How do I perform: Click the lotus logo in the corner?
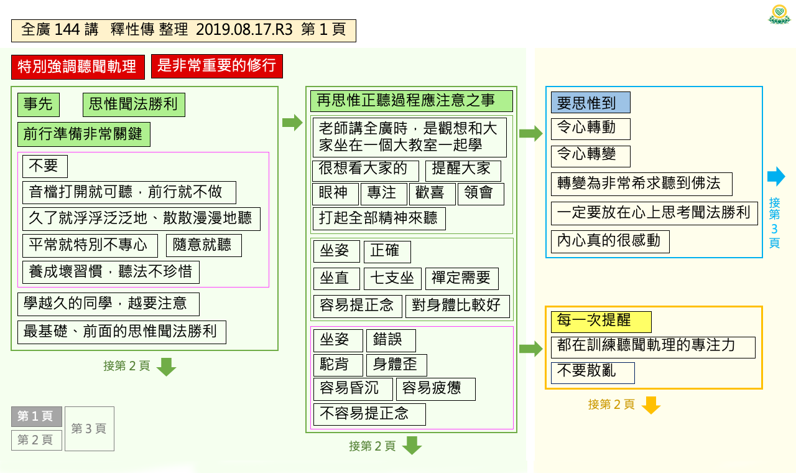779,14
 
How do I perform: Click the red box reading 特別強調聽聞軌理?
78,67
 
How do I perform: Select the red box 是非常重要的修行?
217,66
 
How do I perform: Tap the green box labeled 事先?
39,105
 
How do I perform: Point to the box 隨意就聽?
203,245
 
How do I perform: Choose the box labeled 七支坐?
392,279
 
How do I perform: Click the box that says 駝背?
338,365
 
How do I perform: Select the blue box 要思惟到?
591,103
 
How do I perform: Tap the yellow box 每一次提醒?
601,322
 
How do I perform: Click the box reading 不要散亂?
593,373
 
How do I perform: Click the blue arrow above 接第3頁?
776,176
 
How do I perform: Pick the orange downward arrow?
651,405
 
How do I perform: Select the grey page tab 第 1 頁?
37,416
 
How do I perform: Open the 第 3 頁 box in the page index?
90,429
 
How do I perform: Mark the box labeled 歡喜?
432,194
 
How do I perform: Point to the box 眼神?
335,194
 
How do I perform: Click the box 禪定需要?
461,279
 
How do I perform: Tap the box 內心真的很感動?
610,242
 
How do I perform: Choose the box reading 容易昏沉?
353,390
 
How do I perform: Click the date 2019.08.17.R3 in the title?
244,30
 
